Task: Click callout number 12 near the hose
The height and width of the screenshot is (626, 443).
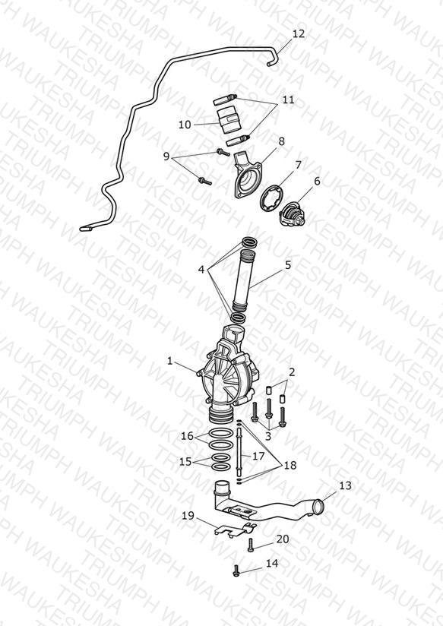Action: [299, 33]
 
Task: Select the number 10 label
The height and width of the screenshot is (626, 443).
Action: [185, 125]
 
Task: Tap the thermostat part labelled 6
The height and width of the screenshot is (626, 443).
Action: [292, 213]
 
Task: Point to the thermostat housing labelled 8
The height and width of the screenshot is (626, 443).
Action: [248, 175]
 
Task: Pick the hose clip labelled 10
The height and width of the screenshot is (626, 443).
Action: [229, 120]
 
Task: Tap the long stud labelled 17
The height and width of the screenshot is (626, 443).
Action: [239, 451]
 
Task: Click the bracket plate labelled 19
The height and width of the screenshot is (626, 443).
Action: [235, 529]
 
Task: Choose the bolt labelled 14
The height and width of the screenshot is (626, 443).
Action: [236, 571]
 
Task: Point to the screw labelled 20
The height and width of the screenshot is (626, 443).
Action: [251, 545]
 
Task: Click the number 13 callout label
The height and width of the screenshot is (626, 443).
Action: [345, 485]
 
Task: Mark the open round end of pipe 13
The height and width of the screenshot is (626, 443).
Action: [319, 507]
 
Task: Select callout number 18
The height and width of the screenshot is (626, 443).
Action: [290, 465]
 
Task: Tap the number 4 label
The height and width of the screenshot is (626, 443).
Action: [201, 270]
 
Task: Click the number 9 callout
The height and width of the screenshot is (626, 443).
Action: [166, 156]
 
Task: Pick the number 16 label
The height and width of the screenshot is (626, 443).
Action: [187, 436]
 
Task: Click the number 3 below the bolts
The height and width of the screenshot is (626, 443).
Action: [268, 436]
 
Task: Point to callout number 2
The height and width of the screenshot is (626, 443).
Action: [292, 372]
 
